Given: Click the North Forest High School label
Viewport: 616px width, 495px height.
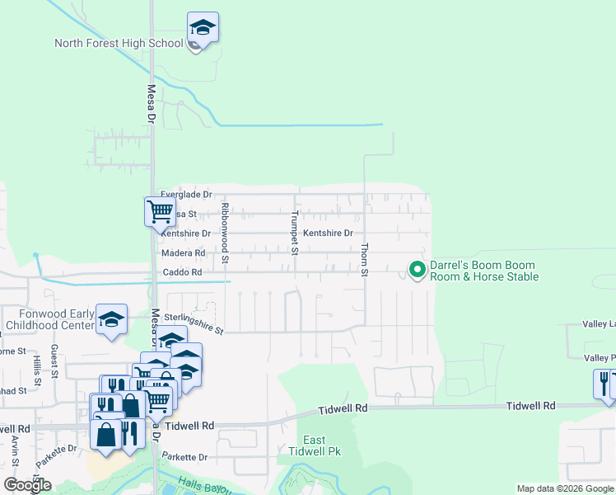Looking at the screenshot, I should (x=119, y=44).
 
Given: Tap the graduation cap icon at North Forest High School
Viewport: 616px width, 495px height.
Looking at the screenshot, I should (x=203, y=28).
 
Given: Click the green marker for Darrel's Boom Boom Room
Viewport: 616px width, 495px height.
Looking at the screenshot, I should (x=418, y=270).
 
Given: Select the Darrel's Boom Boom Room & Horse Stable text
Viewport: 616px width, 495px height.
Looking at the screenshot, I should (x=484, y=271).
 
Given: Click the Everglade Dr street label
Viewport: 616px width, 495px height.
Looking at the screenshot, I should (x=186, y=195).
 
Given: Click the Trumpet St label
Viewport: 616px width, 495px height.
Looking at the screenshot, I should (x=294, y=233).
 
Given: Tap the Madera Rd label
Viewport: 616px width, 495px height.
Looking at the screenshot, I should (x=183, y=253).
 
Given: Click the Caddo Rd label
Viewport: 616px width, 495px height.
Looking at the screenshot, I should (x=182, y=272).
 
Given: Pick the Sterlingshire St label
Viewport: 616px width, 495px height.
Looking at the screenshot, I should (x=194, y=323).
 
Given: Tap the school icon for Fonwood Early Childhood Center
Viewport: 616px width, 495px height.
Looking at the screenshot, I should (x=111, y=319).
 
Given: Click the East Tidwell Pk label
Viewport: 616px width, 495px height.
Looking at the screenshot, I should (x=314, y=445).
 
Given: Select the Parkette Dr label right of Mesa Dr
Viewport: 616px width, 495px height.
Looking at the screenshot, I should (x=184, y=456).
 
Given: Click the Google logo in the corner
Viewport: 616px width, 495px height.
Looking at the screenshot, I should (x=27, y=485).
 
